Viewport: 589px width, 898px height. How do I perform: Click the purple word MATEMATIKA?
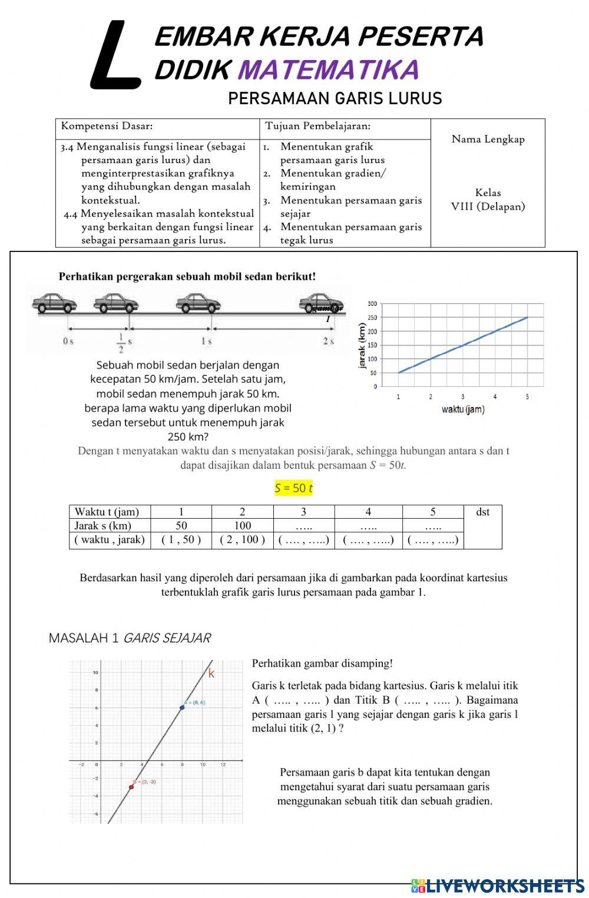click(x=328, y=70)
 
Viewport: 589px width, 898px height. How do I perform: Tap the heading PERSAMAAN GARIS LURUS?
click(x=335, y=98)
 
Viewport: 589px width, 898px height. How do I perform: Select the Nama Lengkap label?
click(x=488, y=139)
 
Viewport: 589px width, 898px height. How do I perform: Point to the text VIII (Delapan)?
click(x=488, y=206)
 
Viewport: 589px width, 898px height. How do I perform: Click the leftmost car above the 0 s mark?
click(x=54, y=303)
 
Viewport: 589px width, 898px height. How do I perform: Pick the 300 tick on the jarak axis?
click(x=372, y=304)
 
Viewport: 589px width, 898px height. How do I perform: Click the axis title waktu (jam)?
click(x=463, y=410)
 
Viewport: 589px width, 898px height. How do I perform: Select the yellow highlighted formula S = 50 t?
click(x=293, y=488)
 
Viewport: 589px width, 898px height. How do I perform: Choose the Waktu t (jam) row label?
click(x=107, y=512)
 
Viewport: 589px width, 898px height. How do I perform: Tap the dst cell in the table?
click(x=482, y=512)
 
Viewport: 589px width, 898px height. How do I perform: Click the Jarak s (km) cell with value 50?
click(x=181, y=525)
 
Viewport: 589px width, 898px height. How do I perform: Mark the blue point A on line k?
click(x=182, y=707)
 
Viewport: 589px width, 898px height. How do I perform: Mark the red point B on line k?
click(x=131, y=787)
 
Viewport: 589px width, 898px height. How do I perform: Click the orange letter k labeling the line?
click(x=211, y=674)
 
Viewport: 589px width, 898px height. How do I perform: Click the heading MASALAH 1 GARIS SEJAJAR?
click(x=130, y=638)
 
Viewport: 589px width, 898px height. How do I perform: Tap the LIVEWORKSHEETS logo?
click(x=498, y=886)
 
